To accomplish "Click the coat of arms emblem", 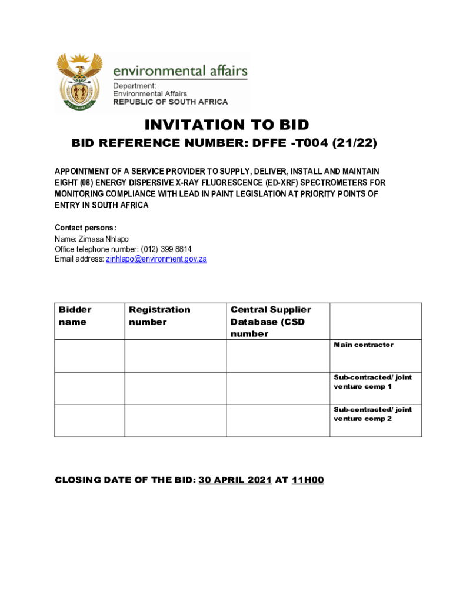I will click(x=79, y=82).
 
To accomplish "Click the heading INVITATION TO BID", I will click(x=226, y=125).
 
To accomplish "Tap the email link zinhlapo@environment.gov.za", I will click(x=156, y=259).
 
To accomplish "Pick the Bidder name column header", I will click(x=75, y=316).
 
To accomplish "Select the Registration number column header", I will click(x=159, y=316).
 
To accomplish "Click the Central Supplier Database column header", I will click(x=271, y=322).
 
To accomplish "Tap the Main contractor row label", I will click(x=364, y=345).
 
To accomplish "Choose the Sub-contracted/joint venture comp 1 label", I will click(x=372, y=382).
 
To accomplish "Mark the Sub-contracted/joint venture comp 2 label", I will click(x=372, y=414).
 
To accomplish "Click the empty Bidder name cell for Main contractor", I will click(x=89, y=355).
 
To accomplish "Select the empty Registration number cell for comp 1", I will click(x=175, y=388).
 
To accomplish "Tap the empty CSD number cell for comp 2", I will click(x=278, y=420).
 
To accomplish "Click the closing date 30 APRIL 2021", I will click(x=235, y=480).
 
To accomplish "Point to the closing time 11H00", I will click(x=307, y=480).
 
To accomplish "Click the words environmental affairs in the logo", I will click(x=179, y=71).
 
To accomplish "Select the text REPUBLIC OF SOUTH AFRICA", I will click(x=170, y=102).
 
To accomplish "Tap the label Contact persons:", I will click(x=85, y=228).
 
